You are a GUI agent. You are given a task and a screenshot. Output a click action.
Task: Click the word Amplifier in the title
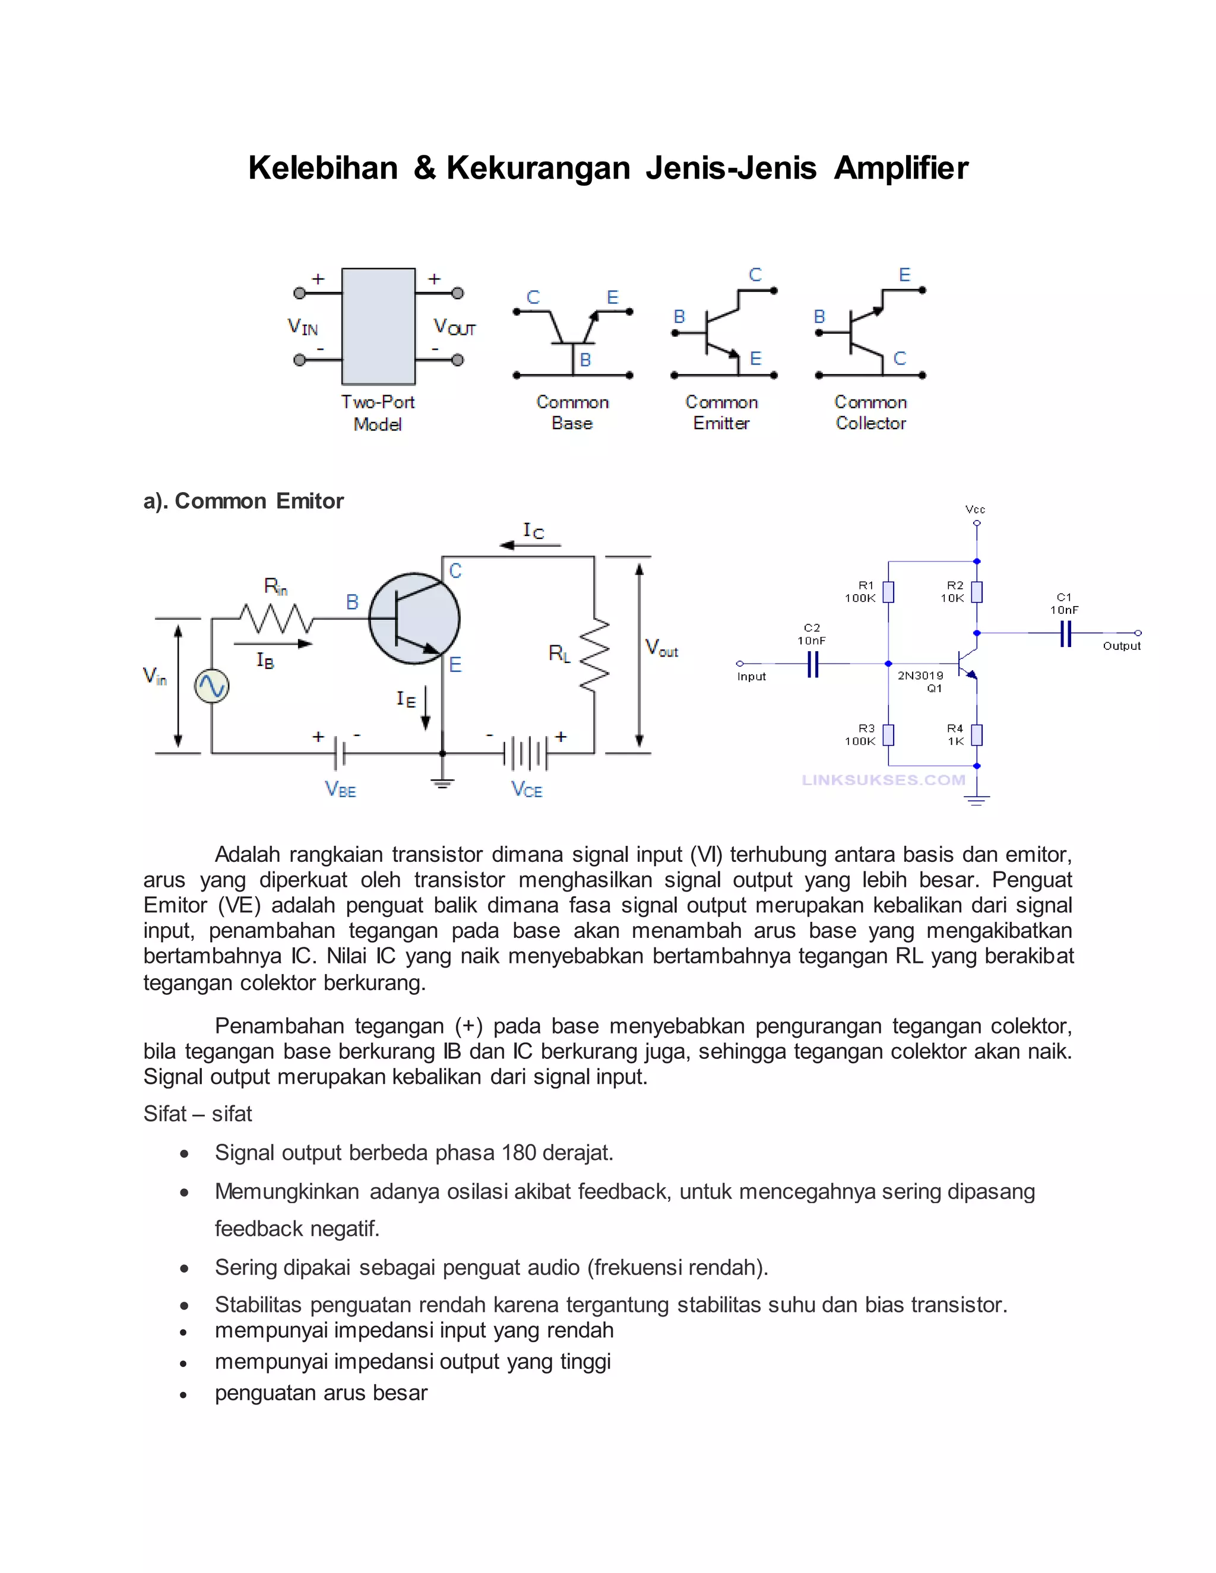pos(901,168)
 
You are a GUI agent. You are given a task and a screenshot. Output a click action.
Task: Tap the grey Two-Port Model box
pos(378,326)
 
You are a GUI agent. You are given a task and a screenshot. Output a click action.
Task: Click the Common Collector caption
pos(870,413)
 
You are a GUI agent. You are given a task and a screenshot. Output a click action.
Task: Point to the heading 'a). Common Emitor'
pos(243,502)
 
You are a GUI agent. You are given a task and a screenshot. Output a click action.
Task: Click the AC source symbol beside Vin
pos(212,686)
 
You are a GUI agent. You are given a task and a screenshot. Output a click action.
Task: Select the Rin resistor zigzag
pos(276,618)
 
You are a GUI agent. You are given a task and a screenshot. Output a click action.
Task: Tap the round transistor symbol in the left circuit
pos(414,619)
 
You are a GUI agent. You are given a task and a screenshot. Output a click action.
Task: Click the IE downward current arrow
pos(426,708)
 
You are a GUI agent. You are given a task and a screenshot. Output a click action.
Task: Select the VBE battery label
pos(341,789)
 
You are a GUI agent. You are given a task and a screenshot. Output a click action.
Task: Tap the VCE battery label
pos(527,789)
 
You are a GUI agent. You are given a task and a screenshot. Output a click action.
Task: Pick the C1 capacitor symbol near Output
pos(1065,634)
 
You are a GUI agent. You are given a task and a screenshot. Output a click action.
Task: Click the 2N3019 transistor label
pos(920,675)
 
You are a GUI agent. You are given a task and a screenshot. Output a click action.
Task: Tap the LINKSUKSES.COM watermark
pos(883,780)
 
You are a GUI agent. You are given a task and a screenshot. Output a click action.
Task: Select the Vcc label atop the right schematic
pos(976,510)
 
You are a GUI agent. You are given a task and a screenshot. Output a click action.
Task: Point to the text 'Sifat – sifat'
pos(197,1114)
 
